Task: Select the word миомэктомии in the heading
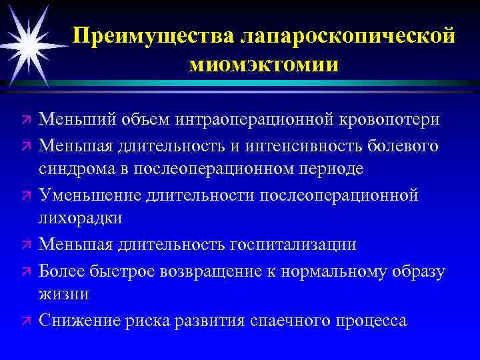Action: point(263,65)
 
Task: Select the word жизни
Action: point(62,294)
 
